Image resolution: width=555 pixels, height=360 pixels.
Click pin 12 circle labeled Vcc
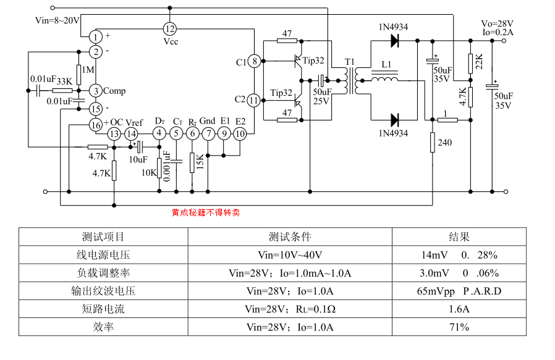pos(170,28)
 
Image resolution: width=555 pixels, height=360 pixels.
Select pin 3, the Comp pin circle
pos(95,91)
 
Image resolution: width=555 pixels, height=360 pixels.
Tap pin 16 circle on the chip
pos(95,125)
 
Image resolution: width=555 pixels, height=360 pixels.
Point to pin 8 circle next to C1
pos(253,61)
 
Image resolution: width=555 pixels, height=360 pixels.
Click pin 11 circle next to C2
pos(253,99)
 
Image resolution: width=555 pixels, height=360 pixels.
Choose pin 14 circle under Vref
pos(131,133)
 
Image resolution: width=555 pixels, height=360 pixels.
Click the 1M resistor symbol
pos(79,71)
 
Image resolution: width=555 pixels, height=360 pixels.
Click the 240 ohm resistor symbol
pos(432,143)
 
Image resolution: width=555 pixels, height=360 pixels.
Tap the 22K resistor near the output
pos(470,62)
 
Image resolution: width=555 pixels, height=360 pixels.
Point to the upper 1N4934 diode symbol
pos(393,41)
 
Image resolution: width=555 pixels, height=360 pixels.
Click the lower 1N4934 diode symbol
pos(393,120)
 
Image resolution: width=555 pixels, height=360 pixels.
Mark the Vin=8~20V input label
pos(57,20)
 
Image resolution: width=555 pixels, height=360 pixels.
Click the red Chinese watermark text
pos(205,213)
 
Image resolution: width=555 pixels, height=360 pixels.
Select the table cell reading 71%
pos(459,327)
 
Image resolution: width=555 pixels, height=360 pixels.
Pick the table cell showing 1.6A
pos(459,309)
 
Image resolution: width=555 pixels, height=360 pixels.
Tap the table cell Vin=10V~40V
pos(289,254)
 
